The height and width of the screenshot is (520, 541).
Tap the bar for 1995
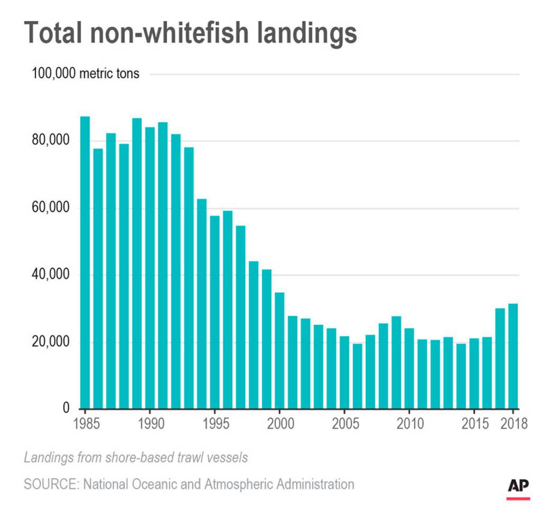214,312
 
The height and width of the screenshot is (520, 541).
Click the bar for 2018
512,356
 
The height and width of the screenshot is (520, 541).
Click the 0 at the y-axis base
67,408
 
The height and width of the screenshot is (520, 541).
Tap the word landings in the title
296,33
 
